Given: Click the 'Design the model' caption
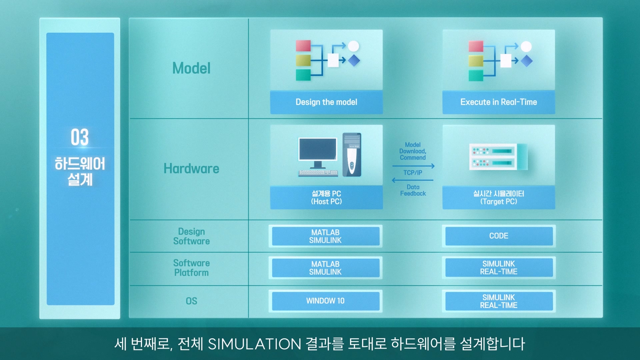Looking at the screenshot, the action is [x=326, y=102].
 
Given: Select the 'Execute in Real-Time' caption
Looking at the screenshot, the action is [x=499, y=102].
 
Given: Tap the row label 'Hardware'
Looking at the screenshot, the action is [x=191, y=169].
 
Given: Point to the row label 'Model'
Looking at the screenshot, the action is [x=191, y=68].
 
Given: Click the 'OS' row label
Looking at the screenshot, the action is [x=191, y=301].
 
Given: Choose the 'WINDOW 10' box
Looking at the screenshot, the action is [x=326, y=301].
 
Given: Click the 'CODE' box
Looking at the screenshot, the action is [x=499, y=236].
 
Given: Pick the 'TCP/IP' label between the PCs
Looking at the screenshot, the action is [x=413, y=173].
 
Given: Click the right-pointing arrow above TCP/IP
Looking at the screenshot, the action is [x=414, y=166].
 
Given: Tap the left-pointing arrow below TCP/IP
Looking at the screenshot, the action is [x=413, y=180].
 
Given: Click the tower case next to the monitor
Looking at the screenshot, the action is [x=352, y=155].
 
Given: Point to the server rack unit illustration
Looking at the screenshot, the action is [x=499, y=157].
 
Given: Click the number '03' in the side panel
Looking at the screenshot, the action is [x=80, y=137].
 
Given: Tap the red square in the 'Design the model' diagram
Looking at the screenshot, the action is [x=303, y=46].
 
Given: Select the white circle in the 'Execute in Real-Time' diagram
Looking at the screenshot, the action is [x=526, y=46].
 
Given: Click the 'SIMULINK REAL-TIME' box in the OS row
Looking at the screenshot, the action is [x=499, y=301].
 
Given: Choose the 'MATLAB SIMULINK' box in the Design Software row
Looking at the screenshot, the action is [x=326, y=236].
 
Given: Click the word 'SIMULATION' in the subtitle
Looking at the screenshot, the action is [x=254, y=344].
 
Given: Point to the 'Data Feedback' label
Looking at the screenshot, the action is [x=413, y=190].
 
